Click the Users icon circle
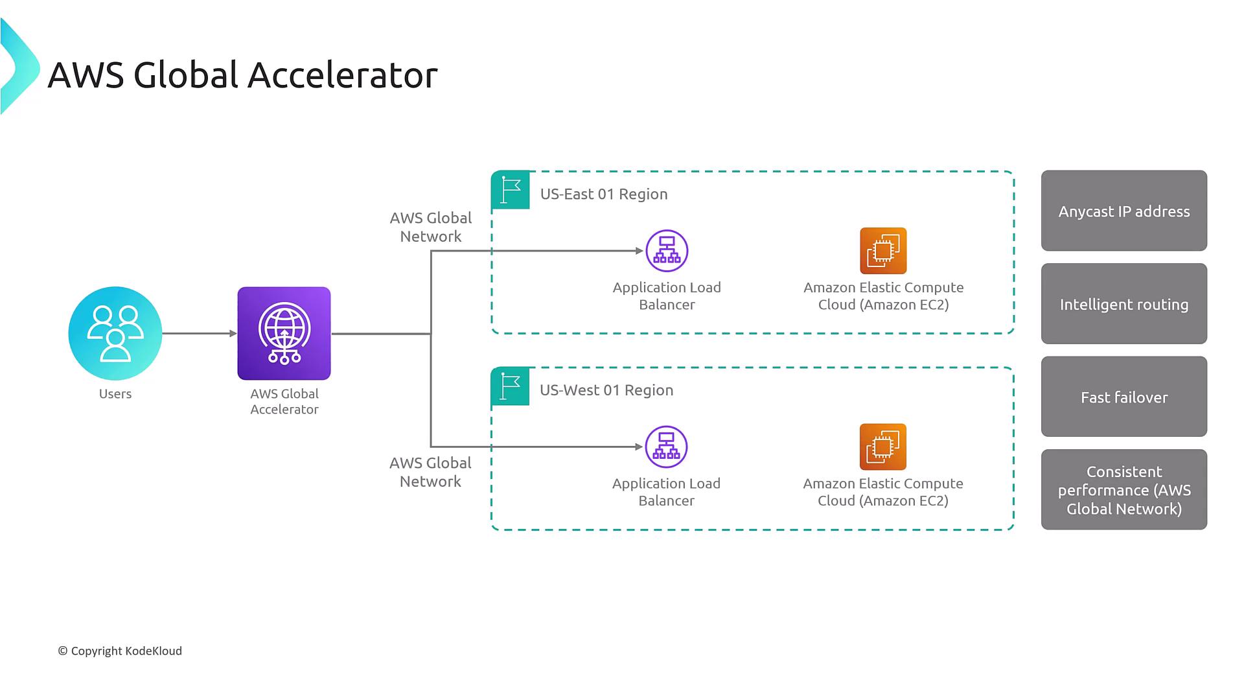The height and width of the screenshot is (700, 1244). [115, 333]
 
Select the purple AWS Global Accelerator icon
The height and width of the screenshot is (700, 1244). [284, 333]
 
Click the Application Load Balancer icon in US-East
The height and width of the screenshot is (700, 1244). [667, 251]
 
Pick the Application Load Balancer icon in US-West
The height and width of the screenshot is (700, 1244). [666, 447]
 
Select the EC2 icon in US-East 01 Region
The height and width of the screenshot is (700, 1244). [883, 251]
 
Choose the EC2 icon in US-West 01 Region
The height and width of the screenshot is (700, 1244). [882, 447]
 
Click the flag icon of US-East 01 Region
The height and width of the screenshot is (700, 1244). [511, 190]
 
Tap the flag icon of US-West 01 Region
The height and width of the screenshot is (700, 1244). [510, 386]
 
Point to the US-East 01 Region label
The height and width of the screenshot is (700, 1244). [604, 194]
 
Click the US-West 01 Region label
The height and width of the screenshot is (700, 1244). [606, 390]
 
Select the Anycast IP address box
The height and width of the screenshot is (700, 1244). [1123, 211]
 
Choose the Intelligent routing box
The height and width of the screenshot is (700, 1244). [1123, 303]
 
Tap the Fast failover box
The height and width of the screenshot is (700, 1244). [1123, 397]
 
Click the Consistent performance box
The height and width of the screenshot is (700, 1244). [1123, 489]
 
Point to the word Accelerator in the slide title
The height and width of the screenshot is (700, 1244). [343, 75]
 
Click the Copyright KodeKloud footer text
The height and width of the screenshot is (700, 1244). [120, 651]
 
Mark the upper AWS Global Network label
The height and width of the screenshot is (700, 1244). [431, 227]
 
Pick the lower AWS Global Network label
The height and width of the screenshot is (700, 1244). [430, 472]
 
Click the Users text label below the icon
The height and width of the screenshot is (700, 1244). [115, 393]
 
